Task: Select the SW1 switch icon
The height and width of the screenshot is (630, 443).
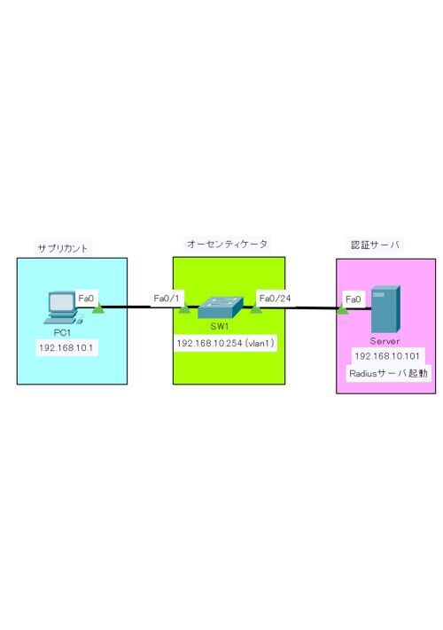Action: (x=221, y=307)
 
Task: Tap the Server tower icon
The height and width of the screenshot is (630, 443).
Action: (x=385, y=309)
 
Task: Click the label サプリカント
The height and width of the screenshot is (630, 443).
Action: (x=63, y=248)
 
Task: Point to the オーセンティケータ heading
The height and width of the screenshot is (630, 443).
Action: (x=228, y=244)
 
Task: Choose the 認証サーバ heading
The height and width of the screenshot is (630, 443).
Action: (x=375, y=245)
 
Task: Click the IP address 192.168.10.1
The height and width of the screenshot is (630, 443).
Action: (x=66, y=347)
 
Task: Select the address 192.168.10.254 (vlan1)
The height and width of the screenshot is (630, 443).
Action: (x=226, y=343)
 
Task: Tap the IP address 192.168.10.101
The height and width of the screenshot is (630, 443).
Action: (x=387, y=356)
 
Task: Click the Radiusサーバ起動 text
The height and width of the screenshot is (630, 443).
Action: (x=388, y=373)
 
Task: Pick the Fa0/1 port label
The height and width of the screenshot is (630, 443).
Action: (x=167, y=299)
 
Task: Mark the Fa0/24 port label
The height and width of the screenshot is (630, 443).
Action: (x=276, y=298)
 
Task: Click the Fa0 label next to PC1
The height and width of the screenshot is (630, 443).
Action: (x=86, y=299)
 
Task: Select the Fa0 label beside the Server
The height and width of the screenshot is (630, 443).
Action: (x=354, y=299)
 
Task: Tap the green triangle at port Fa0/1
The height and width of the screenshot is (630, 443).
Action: (x=183, y=309)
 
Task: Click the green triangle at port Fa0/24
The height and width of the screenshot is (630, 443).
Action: (x=255, y=308)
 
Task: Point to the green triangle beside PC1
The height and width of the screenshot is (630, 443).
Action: (x=98, y=308)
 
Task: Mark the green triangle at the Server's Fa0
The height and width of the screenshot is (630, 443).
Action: (x=342, y=309)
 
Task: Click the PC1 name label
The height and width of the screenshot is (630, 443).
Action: (x=62, y=332)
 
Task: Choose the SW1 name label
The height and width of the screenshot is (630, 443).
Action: (x=220, y=326)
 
